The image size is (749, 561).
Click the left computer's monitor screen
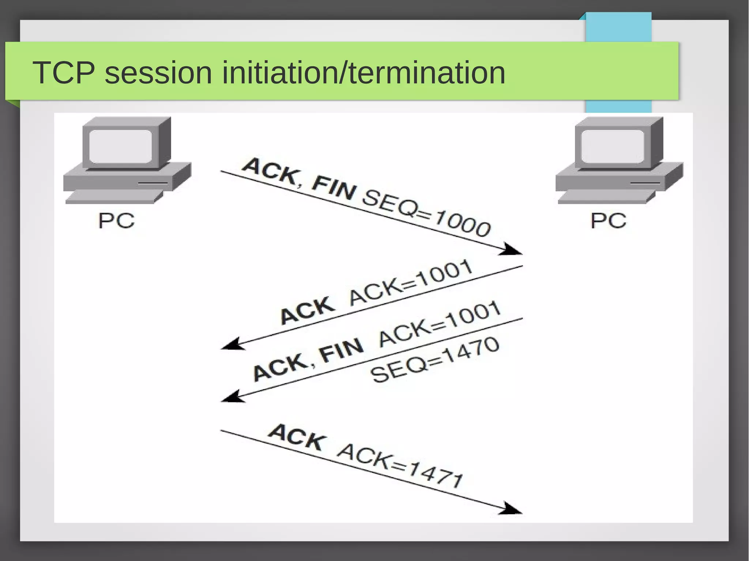coord(120,146)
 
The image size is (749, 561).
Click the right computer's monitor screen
coord(613,146)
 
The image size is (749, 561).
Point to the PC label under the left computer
coord(116,221)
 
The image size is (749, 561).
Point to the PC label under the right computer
coord(609,221)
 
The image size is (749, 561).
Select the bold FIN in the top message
coord(334,188)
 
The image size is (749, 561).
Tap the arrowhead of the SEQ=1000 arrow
coord(512,250)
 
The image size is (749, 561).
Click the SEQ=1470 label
coord(434,360)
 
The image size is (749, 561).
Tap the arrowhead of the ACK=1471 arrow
coord(512,509)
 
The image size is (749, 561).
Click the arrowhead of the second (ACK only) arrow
coord(232,344)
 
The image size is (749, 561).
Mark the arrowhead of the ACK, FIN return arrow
coord(232,397)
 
